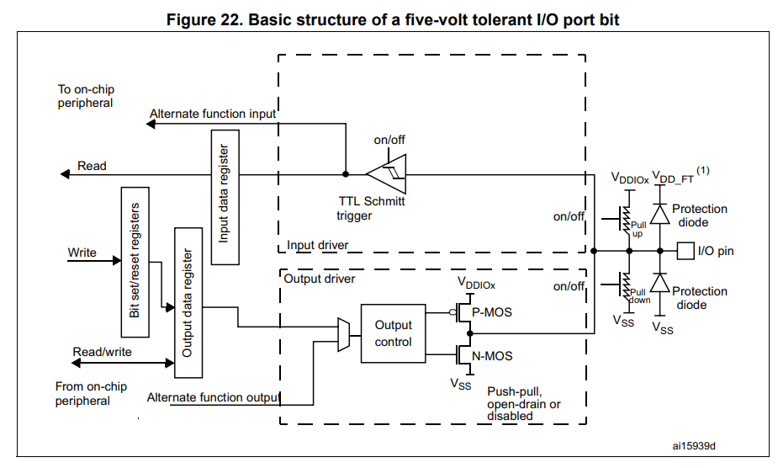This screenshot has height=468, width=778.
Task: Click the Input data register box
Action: [224, 203]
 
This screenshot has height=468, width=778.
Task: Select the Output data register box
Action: [188, 302]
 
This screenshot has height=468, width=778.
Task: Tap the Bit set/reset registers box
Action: [135, 259]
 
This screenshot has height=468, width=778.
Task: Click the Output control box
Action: [394, 333]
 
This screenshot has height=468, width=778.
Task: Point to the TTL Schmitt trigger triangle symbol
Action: [387, 174]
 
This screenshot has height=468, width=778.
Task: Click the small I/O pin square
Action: [685, 251]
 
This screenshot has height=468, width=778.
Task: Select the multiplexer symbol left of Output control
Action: [343, 333]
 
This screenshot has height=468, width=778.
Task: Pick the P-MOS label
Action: [492, 312]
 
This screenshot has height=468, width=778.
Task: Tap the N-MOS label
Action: [493, 356]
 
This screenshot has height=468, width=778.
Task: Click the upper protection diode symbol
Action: [660, 215]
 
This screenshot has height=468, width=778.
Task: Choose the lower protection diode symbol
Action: [660, 285]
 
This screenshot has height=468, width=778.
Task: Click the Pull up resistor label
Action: [637, 229]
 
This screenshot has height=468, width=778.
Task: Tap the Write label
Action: [82, 253]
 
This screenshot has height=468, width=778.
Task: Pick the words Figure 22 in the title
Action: [198, 19]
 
